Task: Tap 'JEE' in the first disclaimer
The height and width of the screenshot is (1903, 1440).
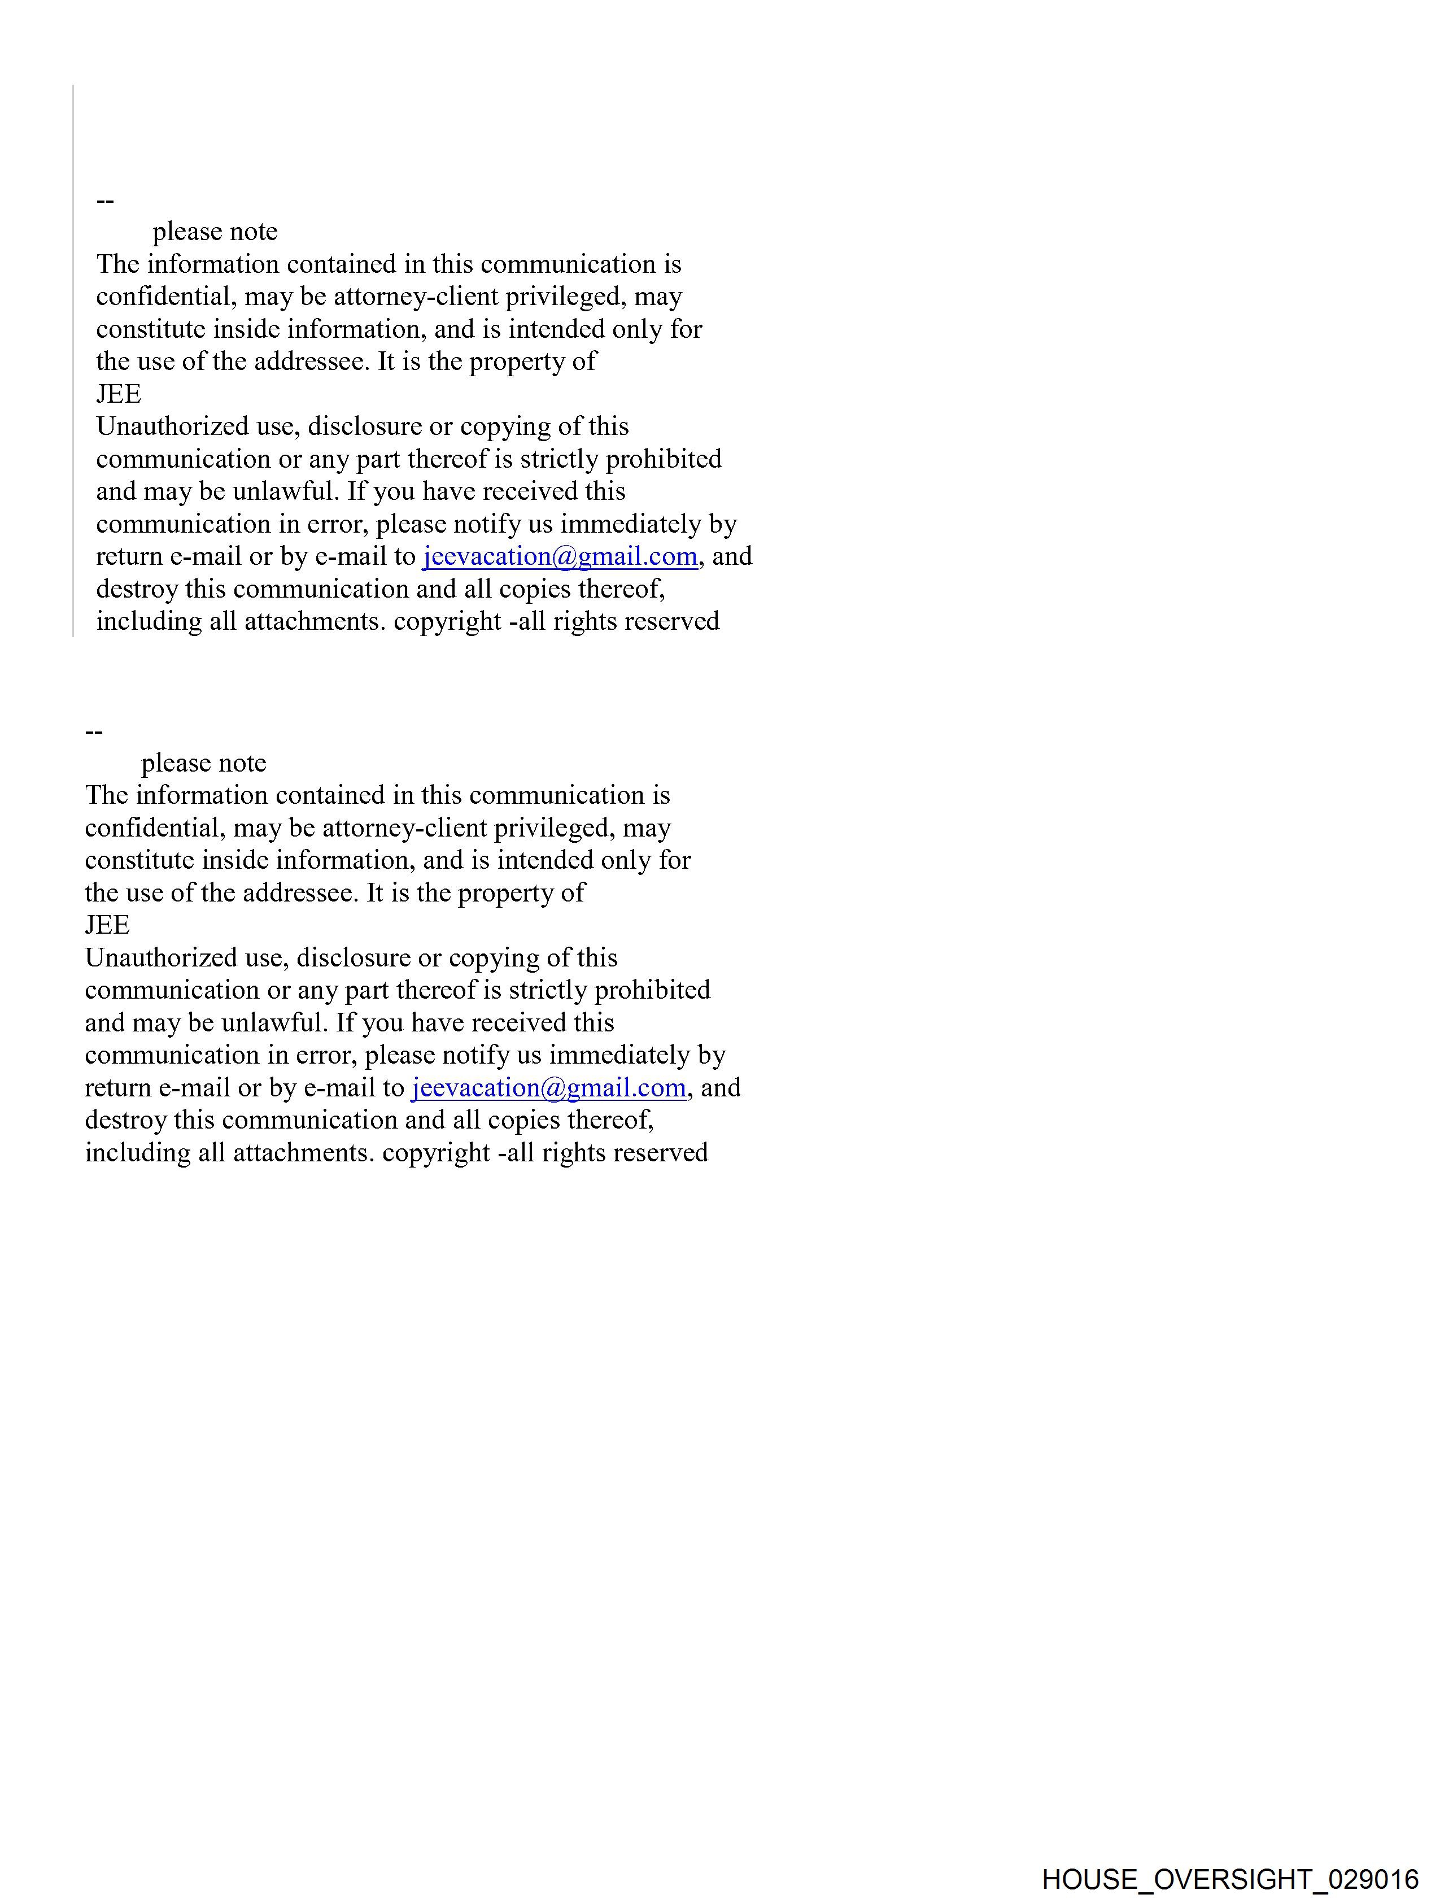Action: tap(119, 394)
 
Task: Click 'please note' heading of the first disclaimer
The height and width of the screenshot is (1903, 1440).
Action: tap(215, 232)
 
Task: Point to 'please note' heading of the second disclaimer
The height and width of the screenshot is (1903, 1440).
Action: tap(204, 763)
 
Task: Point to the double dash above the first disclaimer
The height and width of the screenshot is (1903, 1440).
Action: tap(105, 201)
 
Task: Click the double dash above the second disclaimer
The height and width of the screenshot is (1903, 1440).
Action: tap(94, 732)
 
